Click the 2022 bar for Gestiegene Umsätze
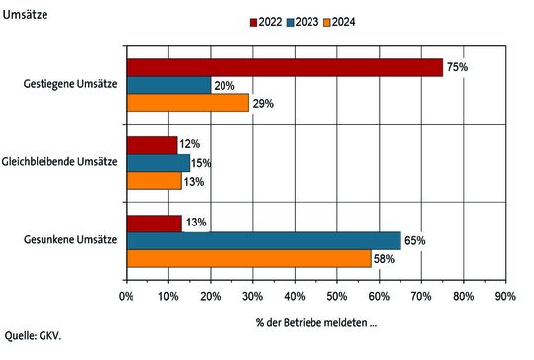point(284,67)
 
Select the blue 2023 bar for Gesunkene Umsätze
point(263,240)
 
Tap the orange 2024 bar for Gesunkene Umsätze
point(248,258)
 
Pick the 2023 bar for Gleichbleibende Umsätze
point(158,162)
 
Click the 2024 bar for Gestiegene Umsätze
point(188,102)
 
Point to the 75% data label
point(456,67)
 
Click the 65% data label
point(414,240)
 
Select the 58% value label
point(385,258)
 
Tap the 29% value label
point(262,103)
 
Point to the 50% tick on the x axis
point(336,295)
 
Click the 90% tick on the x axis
point(505,295)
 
